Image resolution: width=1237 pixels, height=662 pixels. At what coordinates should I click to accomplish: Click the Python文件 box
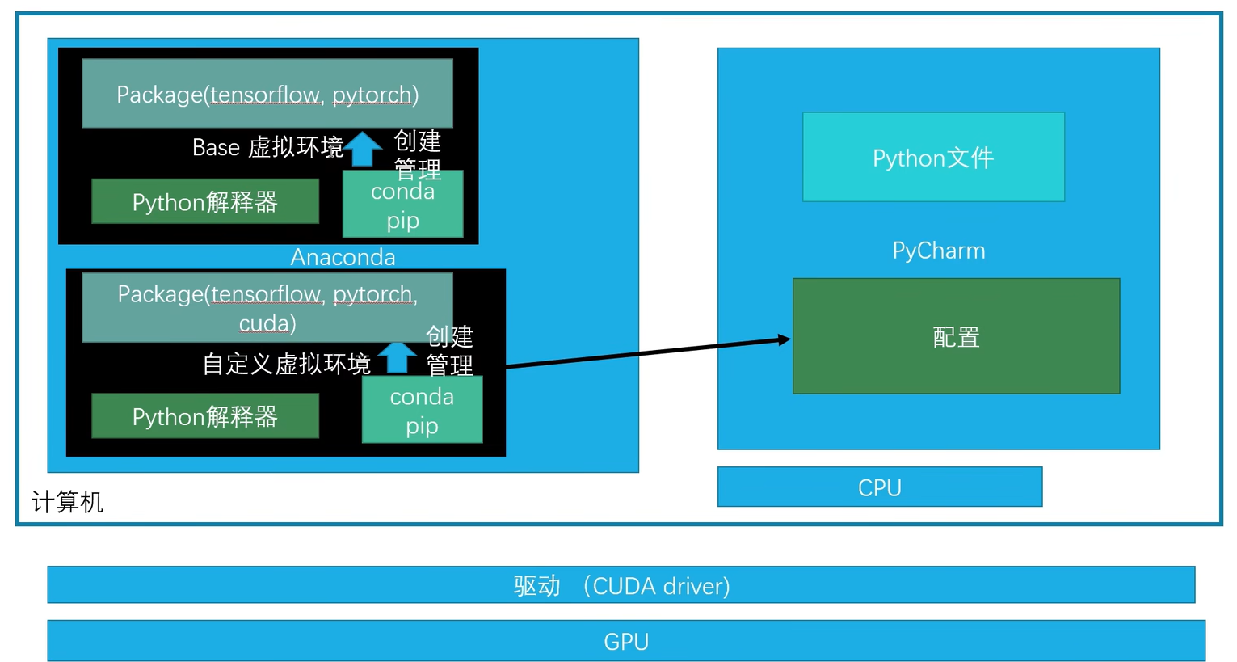pos(933,157)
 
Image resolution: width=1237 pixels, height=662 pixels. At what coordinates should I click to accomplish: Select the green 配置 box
pos(956,336)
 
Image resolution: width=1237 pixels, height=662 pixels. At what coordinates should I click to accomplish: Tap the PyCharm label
pos(938,251)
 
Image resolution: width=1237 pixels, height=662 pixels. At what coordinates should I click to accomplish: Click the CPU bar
pos(879,487)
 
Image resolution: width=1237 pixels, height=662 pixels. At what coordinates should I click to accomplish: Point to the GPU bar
pos(626,641)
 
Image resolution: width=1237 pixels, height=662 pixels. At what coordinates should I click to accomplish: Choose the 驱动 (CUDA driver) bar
pos(621,585)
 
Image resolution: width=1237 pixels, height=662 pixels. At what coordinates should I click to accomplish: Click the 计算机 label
pos(67,502)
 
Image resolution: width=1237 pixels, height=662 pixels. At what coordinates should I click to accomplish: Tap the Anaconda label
pos(343,257)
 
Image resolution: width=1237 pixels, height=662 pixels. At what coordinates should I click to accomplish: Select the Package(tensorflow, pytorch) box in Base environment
pos(267,94)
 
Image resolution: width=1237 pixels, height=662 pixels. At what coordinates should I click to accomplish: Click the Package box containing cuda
pos(267,308)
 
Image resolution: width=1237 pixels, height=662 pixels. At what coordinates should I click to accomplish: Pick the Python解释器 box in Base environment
pos(205,201)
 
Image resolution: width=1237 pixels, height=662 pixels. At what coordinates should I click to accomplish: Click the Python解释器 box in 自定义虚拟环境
pos(205,416)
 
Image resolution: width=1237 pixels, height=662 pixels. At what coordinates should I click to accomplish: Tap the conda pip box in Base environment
pos(402,205)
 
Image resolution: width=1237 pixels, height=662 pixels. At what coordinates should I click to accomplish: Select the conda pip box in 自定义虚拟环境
pos(422,411)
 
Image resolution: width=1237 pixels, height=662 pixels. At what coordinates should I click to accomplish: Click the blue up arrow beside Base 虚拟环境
pos(364,148)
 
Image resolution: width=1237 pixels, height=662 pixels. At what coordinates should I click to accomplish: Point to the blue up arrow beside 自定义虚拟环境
pos(397,356)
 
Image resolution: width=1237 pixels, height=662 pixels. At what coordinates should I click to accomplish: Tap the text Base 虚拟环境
pos(267,147)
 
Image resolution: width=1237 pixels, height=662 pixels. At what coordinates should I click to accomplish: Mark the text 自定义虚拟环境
pos(286,364)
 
